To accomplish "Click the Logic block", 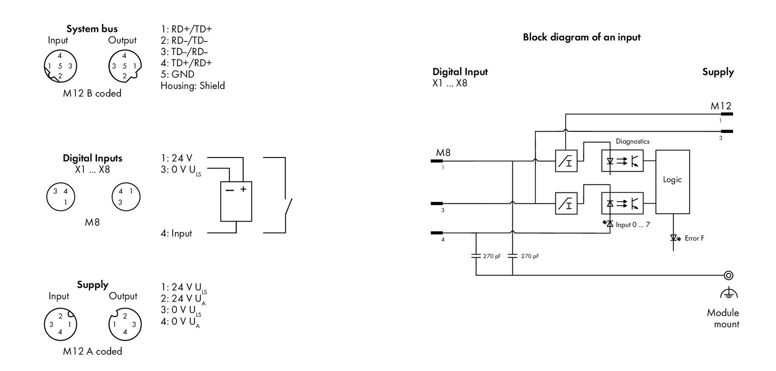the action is pyautogui.click(x=672, y=182).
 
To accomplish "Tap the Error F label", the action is pyautogui.click(x=694, y=238).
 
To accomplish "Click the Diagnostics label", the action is pyautogui.click(x=632, y=141).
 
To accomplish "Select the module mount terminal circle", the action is pyautogui.click(x=729, y=275).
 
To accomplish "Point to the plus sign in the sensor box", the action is pyautogui.click(x=243, y=189).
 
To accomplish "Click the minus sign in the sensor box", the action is pyautogui.click(x=230, y=190).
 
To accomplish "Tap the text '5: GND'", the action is pyautogui.click(x=177, y=74).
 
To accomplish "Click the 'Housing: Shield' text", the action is pyautogui.click(x=193, y=86).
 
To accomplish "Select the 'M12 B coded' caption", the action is pyautogui.click(x=92, y=93).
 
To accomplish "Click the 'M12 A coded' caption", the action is pyautogui.click(x=92, y=351).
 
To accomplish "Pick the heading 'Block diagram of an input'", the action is pyautogui.click(x=582, y=37).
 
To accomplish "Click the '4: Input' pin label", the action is pyautogui.click(x=177, y=233).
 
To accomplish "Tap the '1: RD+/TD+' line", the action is pyautogui.click(x=186, y=29).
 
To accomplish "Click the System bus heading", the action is pyautogui.click(x=92, y=29).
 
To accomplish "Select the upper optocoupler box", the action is pyautogui.click(x=622, y=161).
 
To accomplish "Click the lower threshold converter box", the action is pyautogui.click(x=566, y=204).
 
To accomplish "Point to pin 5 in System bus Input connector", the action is pyautogui.click(x=60, y=66).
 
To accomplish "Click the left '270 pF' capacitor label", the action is pyautogui.click(x=492, y=256).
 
